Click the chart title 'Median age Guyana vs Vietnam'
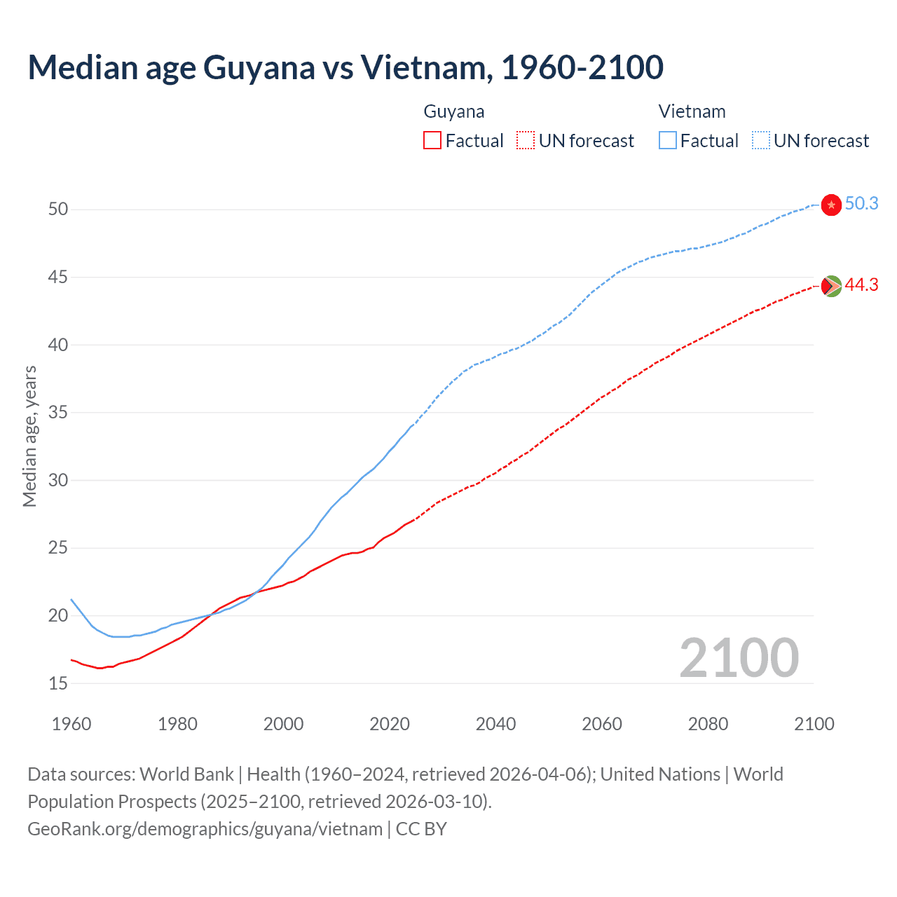point(345,68)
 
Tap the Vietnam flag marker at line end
point(830,205)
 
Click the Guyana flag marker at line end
point(830,286)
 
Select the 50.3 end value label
point(861,204)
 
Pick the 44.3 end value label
point(861,285)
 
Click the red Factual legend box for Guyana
point(432,141)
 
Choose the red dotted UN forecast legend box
point(526,141)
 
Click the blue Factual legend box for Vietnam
point(668,141)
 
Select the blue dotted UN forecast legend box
point(761,141)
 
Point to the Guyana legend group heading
point(454,112)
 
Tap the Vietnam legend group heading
point(692,112)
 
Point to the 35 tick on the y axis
point(58,413)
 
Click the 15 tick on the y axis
point(58,683)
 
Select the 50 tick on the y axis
point(58,210)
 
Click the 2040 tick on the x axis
point(495,724)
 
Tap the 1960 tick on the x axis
point(71,724)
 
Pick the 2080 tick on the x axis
point(708,724)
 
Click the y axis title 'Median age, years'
point(29,436)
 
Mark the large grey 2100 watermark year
point(739,658)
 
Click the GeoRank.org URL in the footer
point(205,829)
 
